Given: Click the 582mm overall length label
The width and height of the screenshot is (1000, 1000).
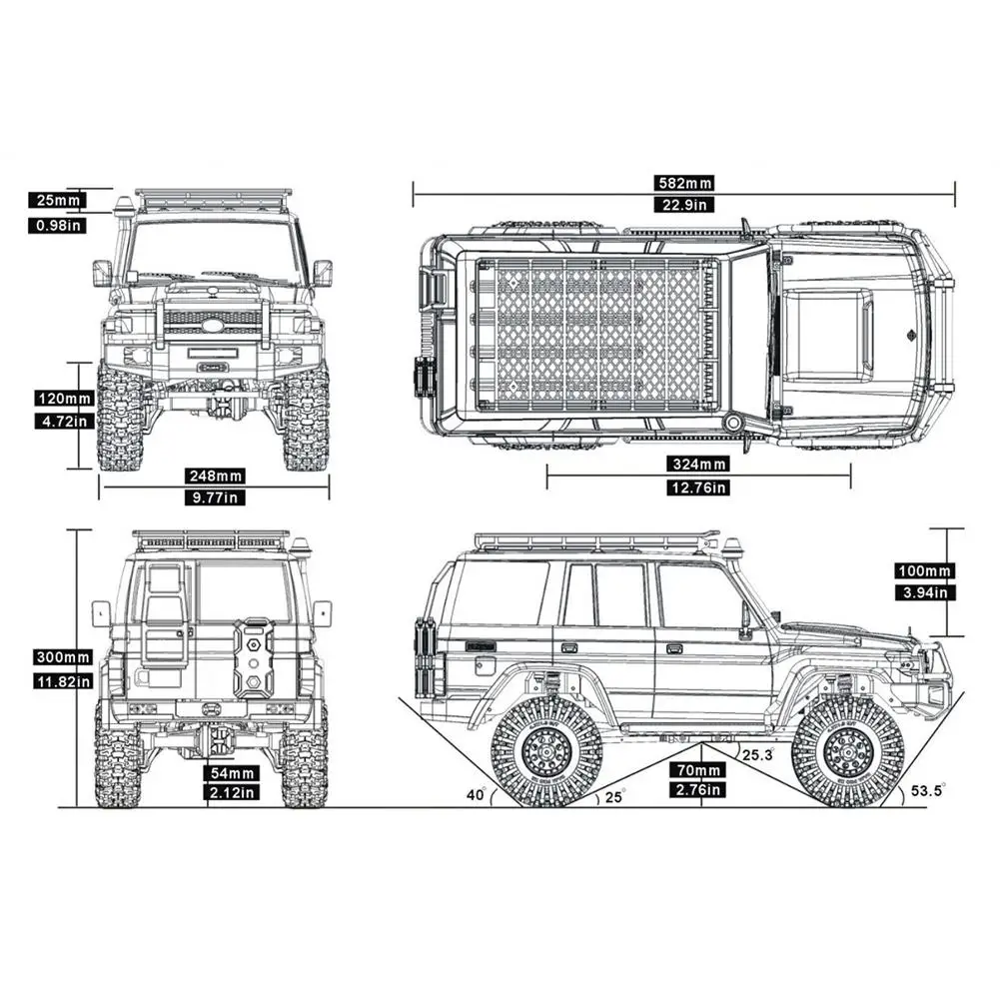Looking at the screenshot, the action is tap(684, 183).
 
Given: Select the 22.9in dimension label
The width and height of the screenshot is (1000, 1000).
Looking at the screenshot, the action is tap(684, 205).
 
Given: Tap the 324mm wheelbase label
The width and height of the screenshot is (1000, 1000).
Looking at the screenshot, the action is tap(698, 464).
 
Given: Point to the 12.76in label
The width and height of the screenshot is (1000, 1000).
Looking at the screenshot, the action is tap(698, 488).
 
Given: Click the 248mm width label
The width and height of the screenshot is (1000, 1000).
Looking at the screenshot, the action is tap(216, 476).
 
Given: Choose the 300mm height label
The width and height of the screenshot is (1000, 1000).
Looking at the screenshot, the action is tap(63, 657).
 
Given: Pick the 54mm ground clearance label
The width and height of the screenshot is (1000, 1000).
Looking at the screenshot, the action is tap(232, 773).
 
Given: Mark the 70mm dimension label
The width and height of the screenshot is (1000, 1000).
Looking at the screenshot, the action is tap(697, 770).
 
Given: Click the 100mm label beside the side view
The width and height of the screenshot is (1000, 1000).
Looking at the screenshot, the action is tap(925, 570).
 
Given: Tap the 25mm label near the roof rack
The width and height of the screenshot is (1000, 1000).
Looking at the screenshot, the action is tap(57, 200).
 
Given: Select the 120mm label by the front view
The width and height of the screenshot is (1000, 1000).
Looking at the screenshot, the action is tap(64, 399).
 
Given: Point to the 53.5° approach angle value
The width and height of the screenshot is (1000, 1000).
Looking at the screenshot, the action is tap(927, 791).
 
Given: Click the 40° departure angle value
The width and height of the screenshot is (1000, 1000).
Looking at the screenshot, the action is tap(476, 794).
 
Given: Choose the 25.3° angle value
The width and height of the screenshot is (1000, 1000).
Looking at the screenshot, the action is tap(758, 755).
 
